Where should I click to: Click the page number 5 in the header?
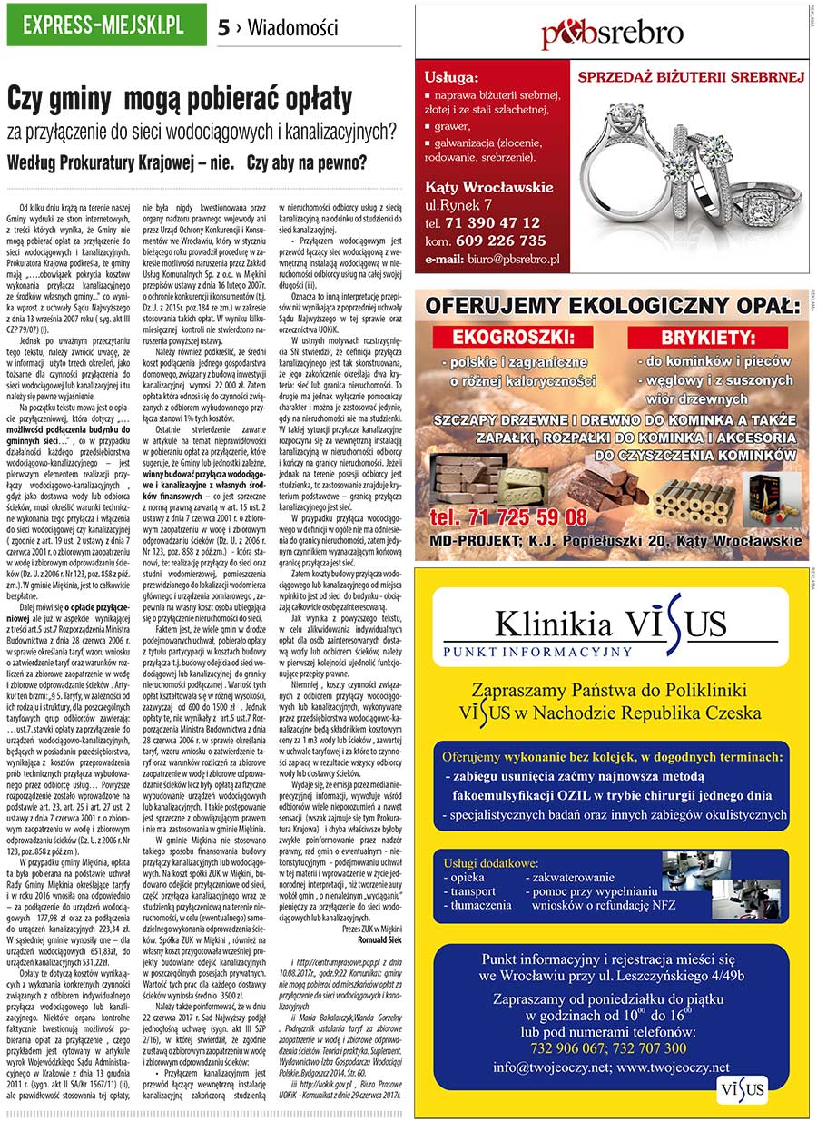223,28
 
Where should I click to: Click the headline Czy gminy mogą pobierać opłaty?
179,98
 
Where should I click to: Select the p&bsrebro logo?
612,34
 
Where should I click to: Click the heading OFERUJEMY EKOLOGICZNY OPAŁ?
614,306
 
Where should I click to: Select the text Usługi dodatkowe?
491,862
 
